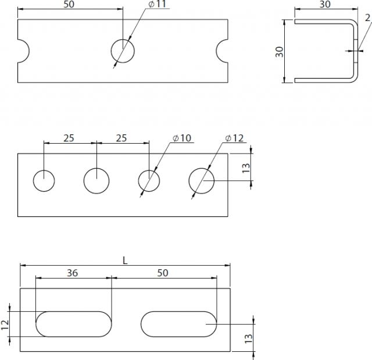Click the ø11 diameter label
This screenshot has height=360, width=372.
tap(158, 4)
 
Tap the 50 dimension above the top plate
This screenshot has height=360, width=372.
tap(69, 4)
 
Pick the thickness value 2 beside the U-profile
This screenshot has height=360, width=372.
tap(367, 17)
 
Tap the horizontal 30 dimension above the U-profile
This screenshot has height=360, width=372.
tap(325, 4)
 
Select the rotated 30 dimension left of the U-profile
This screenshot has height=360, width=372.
tap(280, 52)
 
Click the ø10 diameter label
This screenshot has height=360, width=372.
tap(182, 138)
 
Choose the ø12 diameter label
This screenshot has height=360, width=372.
tap(234, 138)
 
